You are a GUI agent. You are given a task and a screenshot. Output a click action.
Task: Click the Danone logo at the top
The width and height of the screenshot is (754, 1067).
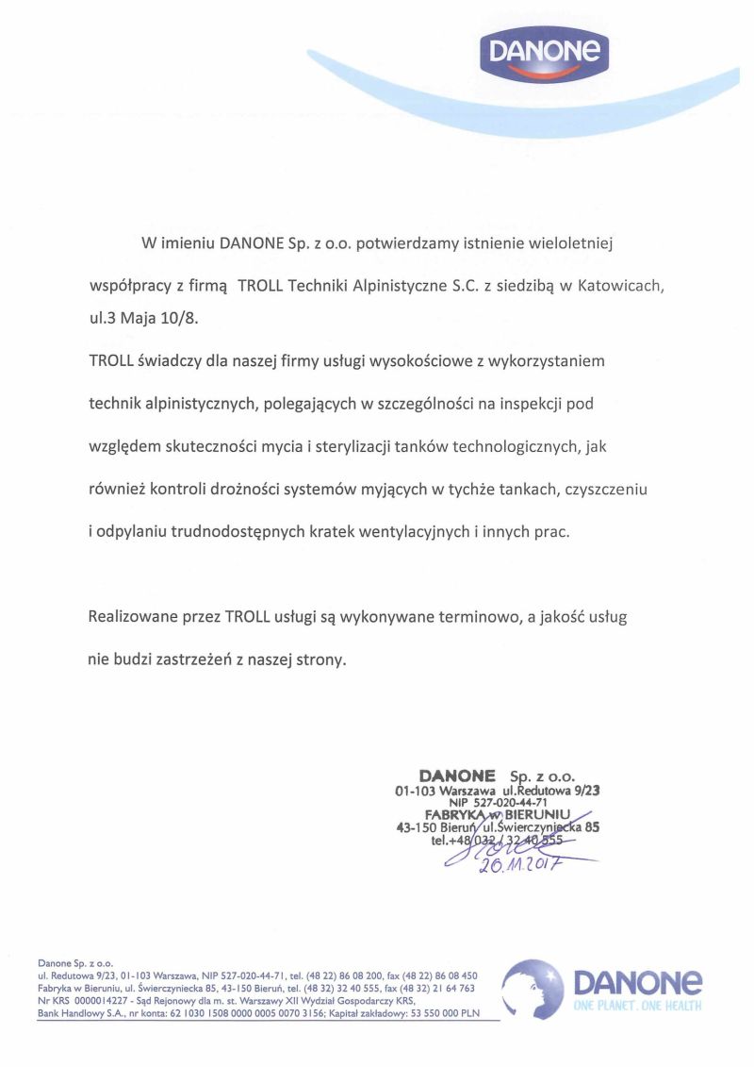(545, 51)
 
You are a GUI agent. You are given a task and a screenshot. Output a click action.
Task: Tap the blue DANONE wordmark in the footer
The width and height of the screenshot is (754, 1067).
(637, 982)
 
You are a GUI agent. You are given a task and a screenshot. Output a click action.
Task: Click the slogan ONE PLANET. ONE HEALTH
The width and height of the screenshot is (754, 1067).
(637, 1007)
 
